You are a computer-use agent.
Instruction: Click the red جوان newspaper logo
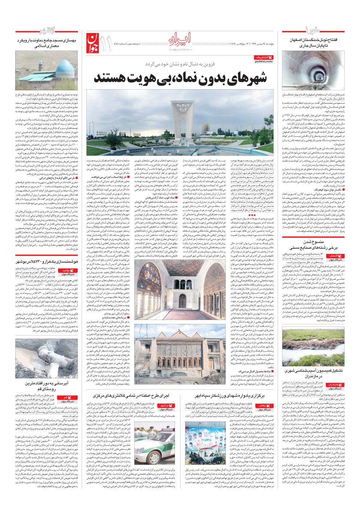coord(92,44)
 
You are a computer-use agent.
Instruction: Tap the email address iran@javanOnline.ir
coord(180,49)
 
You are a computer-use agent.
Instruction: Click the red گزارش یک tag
coord(264,57)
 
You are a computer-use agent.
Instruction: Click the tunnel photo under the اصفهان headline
coord(313,70)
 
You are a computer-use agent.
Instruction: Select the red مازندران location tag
coord(332,385)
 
